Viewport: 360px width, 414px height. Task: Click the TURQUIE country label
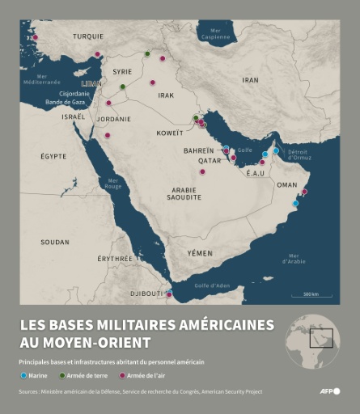pyautogui.click(x=87, y=36)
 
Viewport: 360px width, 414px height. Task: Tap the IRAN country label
pyautogui.click(x=251, y=80)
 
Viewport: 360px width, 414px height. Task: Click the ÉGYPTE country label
pyautogui.click(x=54, y=155)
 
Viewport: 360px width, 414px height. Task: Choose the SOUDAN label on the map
pyautogui.click(x=55, y=242)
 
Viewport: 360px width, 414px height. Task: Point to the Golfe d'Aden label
pyautogui.click(x=212, y=285)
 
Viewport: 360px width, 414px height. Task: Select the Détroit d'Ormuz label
pyautogui.click(x=299, y=154)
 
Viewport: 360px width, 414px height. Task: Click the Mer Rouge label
pyautogui.click(x=112, y=184)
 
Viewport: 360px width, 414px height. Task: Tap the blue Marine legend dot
pyautogui.click(x=23, y=375)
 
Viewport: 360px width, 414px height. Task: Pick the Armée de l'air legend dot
pyautogui.click(x=122, y=375)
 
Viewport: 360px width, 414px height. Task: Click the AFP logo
pyautogui.click(x=330, y=391)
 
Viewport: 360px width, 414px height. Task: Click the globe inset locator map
pyautogui.click(x=312, y=337)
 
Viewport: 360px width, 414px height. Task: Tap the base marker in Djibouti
pyautogui.click(x=168, y=294)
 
